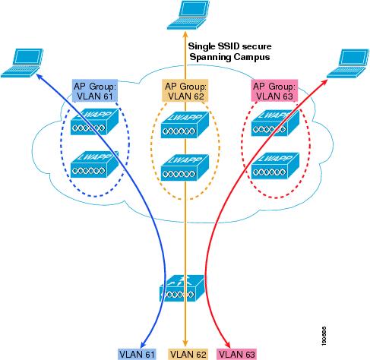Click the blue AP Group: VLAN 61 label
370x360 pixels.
coord(95,90)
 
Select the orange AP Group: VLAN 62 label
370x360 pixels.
coord(185,90)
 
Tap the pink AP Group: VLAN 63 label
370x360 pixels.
coord(274,90)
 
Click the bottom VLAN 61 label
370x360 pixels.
coord(137,354)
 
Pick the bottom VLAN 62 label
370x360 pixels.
coord(188,354)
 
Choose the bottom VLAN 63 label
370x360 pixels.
coord(237,354)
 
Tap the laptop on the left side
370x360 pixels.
coord(22,63)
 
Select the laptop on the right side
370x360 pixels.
coord(348,63)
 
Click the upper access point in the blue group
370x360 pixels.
coord(94,122)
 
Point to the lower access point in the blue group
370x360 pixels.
coord(94,164)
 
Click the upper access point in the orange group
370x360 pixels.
coord(185,125)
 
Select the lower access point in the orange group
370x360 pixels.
coord(185,168)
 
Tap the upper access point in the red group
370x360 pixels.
coord(275,123)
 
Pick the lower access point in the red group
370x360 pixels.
coord(275,166)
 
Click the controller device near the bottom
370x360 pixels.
coord(182,289)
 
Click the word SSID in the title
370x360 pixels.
coord(229,46)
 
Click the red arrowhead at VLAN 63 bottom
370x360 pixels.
coord(228,346)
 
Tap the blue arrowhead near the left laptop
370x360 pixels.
coord(40,77)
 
